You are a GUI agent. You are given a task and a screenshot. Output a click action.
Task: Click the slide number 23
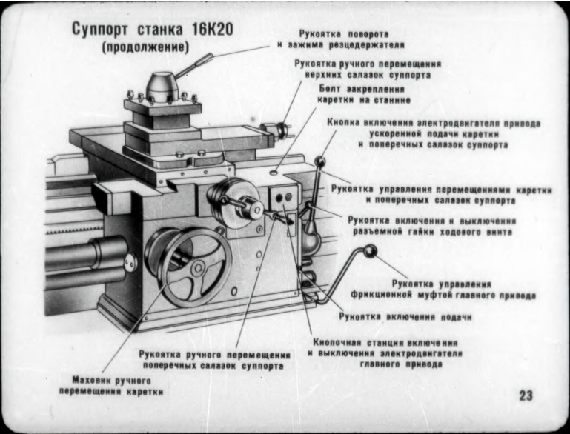tap(525, 395)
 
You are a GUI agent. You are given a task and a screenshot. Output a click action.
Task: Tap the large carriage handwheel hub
tap(196, 268)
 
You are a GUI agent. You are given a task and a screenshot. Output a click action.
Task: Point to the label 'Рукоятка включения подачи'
tap(405, 316)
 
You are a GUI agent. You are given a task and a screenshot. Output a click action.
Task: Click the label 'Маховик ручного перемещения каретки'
tap(111, 384)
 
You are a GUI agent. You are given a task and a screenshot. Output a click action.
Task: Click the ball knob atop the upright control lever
tap(321, 161)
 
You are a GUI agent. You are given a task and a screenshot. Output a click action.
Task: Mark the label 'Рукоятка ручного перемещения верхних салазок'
tap(362, 69)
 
